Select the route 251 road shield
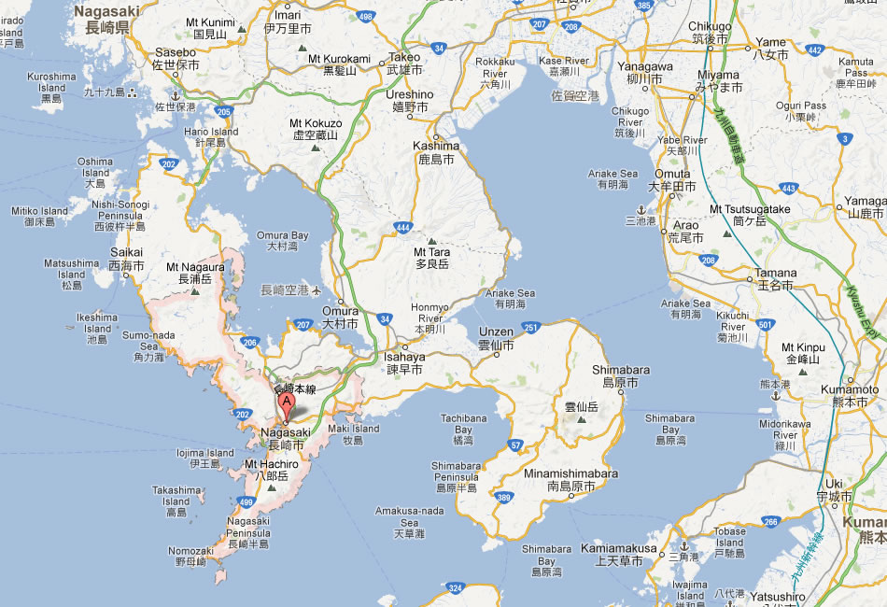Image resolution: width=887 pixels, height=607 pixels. tap(531, 327)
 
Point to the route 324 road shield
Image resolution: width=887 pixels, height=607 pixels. tap(456, 588)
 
